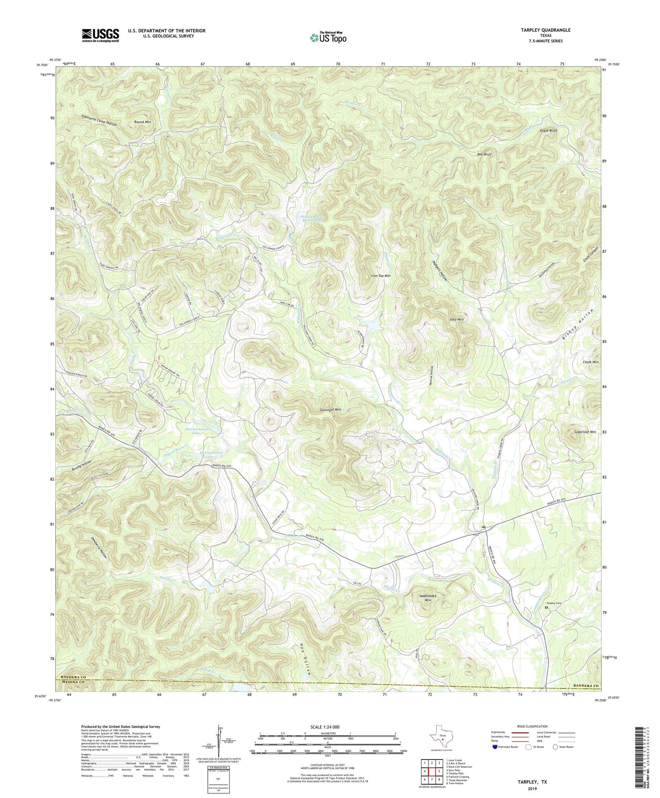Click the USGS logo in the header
tap(100, 35)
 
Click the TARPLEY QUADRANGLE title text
tap(545, 30)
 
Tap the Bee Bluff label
tap(484, 154)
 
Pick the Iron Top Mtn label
tap(380, 276)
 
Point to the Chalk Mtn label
tap(590, 362)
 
